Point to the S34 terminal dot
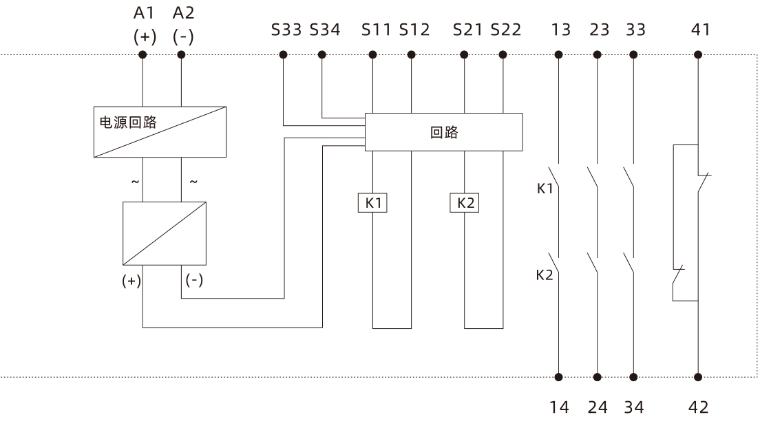point(321,54)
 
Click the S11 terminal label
point(375,30)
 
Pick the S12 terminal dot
point(411,54)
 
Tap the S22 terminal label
point(505,30)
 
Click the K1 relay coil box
point(372,204)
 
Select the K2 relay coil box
point(464,204)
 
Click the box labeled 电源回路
point(159,131)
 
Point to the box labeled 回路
point(443,131)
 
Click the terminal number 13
point(560,30)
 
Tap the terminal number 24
point(596,407)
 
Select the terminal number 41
point(699,30)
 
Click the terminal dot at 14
point(558,377)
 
